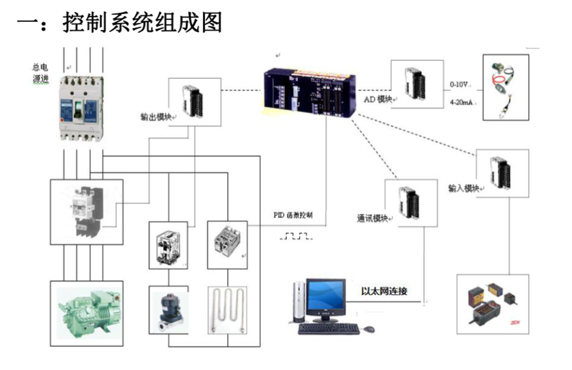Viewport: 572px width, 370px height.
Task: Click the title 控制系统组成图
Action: pyautogui.click(x=143, y=23)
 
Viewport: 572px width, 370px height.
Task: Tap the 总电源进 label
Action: pyautogui.click(x=40, y=72)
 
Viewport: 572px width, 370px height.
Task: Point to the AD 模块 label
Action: pyautogui.click(x=378, y=99)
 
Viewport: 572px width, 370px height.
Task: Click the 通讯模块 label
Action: pyautogui.click(x=373, y=218)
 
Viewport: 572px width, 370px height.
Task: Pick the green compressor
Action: pyautogui.click(x=87, y=312)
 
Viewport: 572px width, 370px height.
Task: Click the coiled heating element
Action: pyautogui.click(x=227, y=310)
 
